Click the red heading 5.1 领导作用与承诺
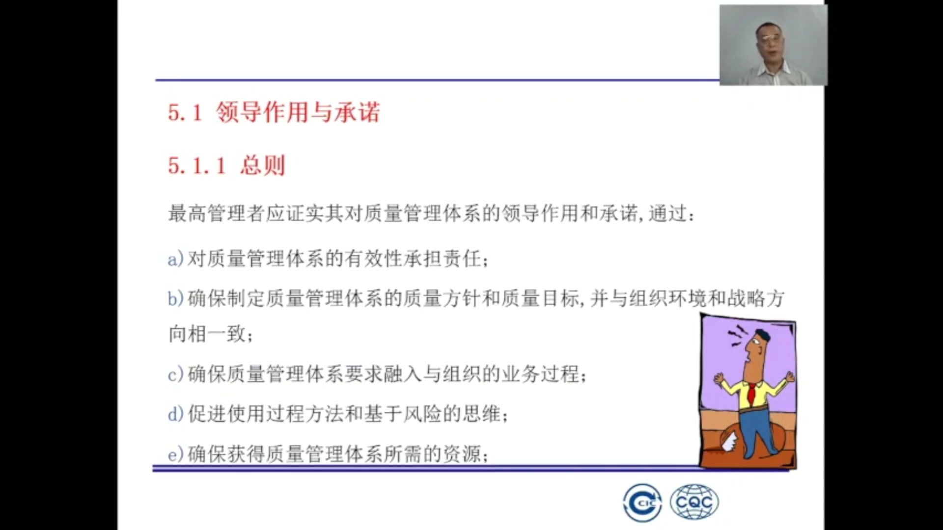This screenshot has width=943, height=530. (x=274, y=112)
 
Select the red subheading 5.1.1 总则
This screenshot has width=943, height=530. (x=226, y=165)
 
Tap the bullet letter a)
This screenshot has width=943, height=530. (x=175, y=259)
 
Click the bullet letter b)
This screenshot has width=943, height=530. (x=175, y=298)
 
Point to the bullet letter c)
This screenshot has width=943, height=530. (x=175, y=374)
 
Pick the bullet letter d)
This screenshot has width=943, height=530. (x=175, y=414)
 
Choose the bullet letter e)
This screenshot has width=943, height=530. (x=175, y=454)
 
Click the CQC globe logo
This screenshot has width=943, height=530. (x=694, y=502)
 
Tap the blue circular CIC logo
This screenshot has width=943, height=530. (x=642, y=503)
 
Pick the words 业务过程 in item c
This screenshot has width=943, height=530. (x=540, y=374)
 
